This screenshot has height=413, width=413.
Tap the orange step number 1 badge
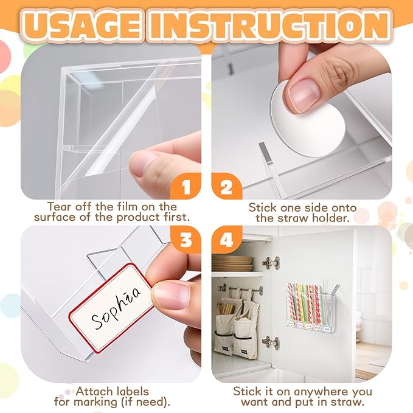point(186,186)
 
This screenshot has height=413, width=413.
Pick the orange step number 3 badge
point(186,241)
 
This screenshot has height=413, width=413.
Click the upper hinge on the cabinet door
point(271,263)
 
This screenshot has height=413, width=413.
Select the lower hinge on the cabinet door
point(271,342)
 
